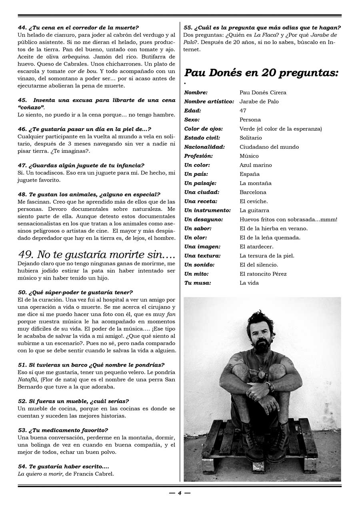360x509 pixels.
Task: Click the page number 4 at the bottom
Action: click(180, 493)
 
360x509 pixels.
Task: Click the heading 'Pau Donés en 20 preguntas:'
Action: click(261, 73)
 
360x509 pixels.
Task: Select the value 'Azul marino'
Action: click(256, 165)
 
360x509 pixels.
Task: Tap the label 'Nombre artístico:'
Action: click(209, 102)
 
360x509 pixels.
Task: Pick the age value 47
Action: click(243, 111)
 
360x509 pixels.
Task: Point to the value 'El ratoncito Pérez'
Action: click(263, 274)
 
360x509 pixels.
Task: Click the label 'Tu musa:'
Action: click(198, 283)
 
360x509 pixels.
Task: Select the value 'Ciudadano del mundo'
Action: click(269, 147)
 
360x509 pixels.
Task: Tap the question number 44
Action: click(22, 28)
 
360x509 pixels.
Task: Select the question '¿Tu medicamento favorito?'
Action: click(68, 430)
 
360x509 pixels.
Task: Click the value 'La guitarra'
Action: click(254, 210)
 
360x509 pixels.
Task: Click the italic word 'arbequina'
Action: click(74, 57)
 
